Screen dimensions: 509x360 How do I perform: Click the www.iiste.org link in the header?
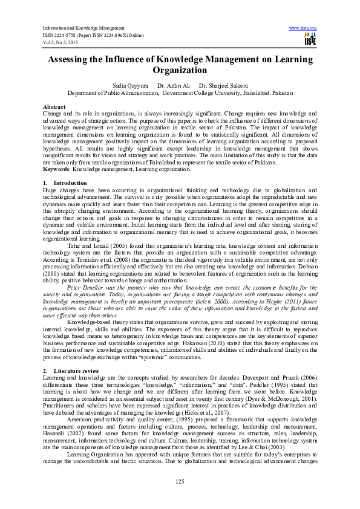(x=303, y=28)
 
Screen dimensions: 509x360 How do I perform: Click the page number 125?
(x=179, y=481)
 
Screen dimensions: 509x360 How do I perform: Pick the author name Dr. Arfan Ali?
(x=174, y=86)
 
